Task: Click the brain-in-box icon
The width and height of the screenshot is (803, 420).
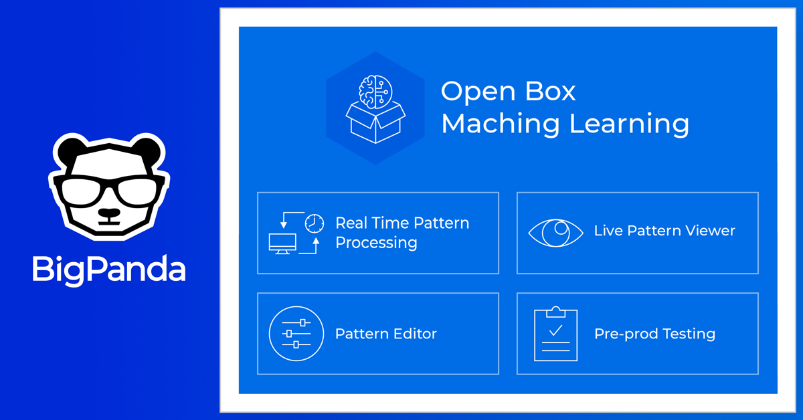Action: click(x=375, y=108)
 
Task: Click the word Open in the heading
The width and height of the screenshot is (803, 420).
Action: click(x=472, y=92)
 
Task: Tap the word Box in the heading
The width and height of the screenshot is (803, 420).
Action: click(x=545, y=92)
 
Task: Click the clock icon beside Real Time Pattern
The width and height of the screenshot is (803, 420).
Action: click(x=314, y=223)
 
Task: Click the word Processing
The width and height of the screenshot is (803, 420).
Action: click(x=376, y=243)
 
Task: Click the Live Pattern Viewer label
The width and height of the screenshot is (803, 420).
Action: click(x=664, y=231)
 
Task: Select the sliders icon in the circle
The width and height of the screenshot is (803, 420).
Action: click(x=296, y=333)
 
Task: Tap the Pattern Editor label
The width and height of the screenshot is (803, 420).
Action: click(x=386, y=334)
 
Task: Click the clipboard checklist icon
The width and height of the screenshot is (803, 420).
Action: click(x=555, y=334)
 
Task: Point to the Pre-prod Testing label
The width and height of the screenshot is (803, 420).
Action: click(x=654, y=334)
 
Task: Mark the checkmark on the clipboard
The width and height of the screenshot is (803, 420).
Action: click(x=555, y=330)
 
